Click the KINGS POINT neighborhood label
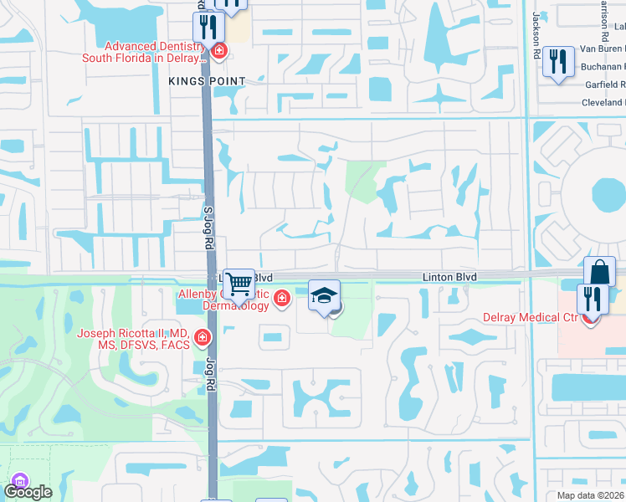pos(206,81)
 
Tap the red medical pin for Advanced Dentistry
pos(219,52)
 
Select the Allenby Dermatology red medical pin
pos(282,297)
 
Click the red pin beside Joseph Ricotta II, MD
pos(202,338)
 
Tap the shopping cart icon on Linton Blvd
pos(239,284)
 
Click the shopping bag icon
pos(600,272)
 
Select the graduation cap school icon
pos(325,295)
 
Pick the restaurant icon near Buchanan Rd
pos(558,62)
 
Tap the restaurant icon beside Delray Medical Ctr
pos(593,299)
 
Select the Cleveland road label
pos(603,103)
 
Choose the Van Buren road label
pos(603,49)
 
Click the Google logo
pos(28,492)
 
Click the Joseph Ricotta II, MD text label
pos(132,338)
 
